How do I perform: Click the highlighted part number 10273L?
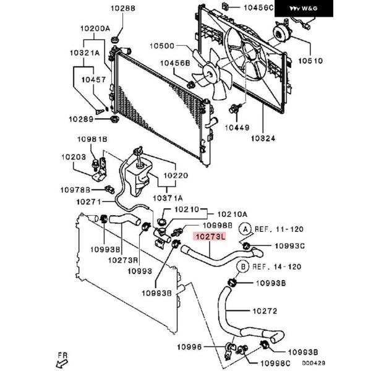tap(210, 236)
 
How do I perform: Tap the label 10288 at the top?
tap(123, 9)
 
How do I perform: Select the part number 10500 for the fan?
tap(162, 46)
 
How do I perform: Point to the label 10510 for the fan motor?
tap(310, 61)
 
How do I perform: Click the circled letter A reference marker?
tap(245, 229)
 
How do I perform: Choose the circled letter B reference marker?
tap(243, 267)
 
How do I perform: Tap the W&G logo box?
tap(304, 9)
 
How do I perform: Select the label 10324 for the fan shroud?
tap(263, 139)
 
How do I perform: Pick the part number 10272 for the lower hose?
tap(265, 311)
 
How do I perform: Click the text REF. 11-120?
tap(279, 229)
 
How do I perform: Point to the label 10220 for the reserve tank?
tap(176, 176)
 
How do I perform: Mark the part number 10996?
tap(190, 347)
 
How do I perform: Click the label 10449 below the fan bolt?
tap(237, 128)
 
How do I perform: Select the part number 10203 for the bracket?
tap(74, 157)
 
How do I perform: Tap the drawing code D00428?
tap(313, 363)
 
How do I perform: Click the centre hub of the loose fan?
tap(210, 75)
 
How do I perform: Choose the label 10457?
tap(94, 80)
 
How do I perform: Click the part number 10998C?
tap(275, 363)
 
